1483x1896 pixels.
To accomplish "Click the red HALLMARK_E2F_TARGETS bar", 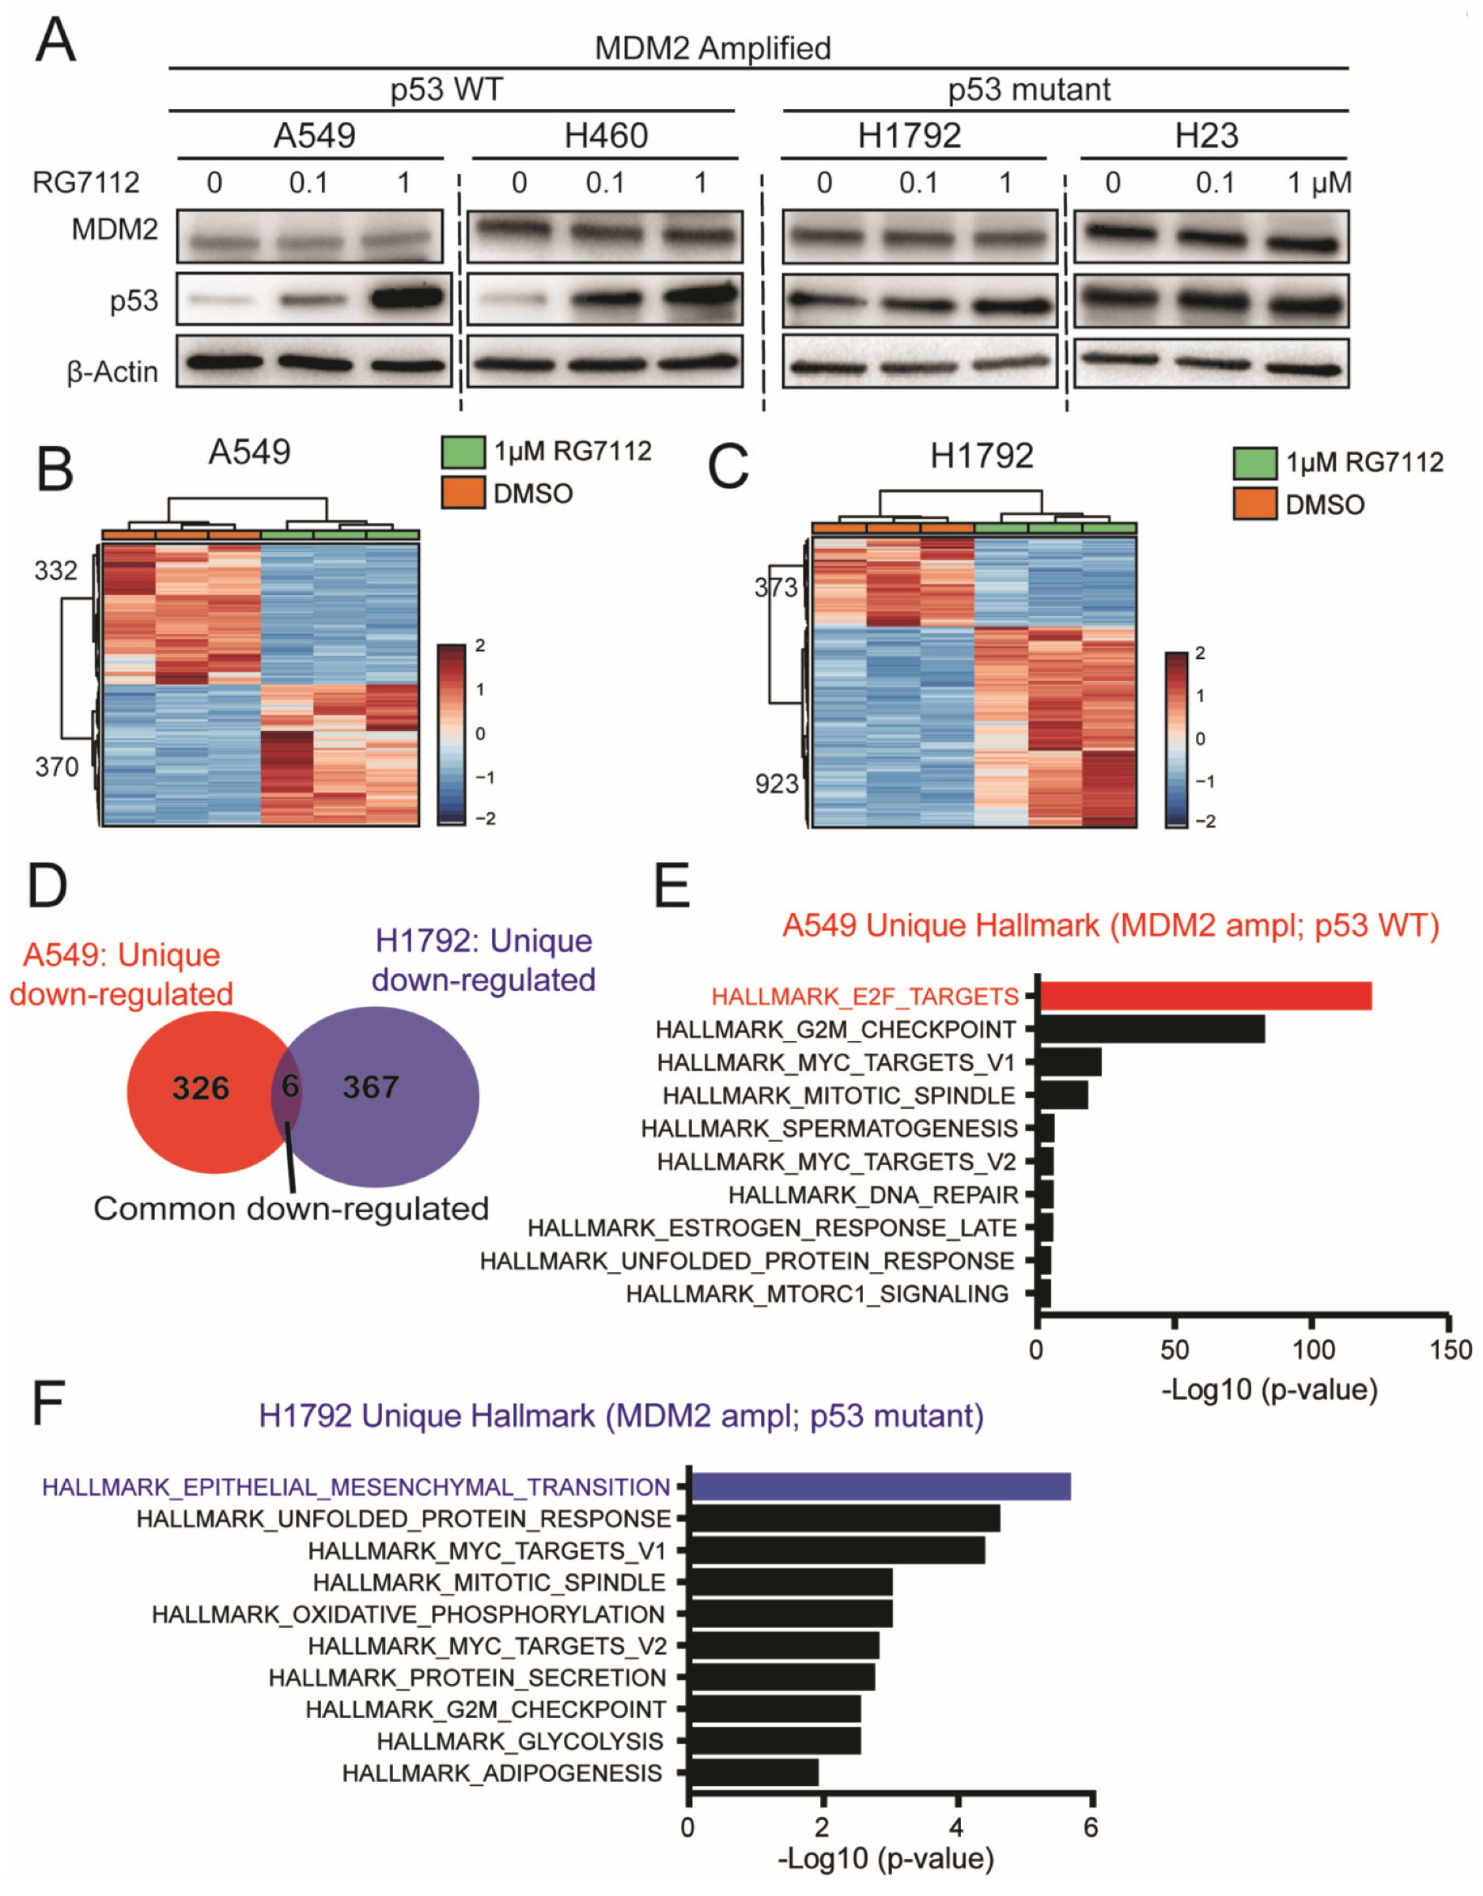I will tap(1205, 996).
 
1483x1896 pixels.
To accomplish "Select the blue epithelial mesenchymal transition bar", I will tap(880, 1487).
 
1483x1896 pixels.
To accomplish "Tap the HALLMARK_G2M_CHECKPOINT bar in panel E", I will tap(1151, 1029).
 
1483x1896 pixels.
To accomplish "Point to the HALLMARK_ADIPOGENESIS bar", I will tap(754, 1773).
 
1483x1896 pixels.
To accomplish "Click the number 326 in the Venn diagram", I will tap(201, 1088).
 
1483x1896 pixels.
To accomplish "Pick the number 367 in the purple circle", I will tap(371, 1087).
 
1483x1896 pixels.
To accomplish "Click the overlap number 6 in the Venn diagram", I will tap(290, 1085).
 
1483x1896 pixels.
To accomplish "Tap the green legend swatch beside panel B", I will tap(463, 452).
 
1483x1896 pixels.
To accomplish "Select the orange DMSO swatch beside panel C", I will tap(1254, 505).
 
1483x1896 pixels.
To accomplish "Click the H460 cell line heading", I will tap(605, 135).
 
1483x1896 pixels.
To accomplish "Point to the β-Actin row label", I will tap(113, 372).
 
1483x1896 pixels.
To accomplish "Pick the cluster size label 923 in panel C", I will tap(776, 784).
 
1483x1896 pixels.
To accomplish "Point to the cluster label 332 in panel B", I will tap(56, 570).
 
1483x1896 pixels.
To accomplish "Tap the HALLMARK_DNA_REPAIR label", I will tap(872, 1194).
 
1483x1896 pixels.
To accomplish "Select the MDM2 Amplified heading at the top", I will tap(712, 47).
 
